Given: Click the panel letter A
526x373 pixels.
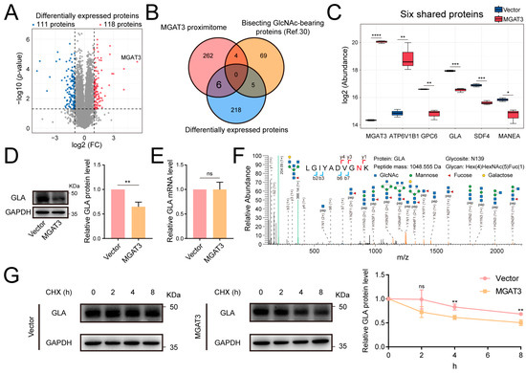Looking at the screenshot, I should coord(9,10).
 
